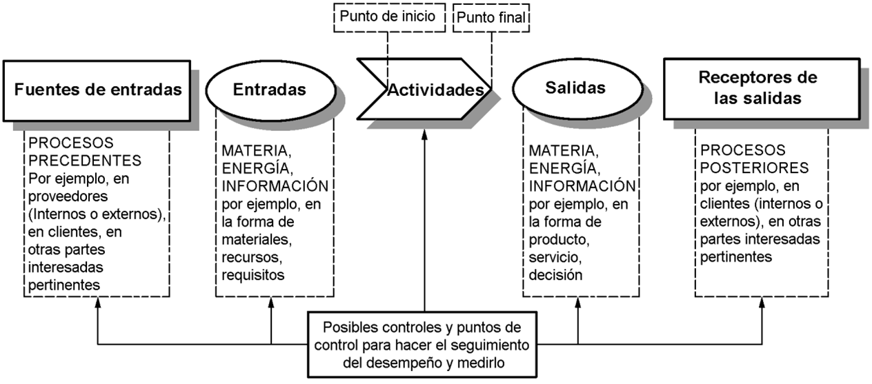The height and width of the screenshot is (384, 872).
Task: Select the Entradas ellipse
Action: coord(270,90)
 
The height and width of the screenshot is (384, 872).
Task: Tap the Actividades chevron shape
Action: coord(424,90)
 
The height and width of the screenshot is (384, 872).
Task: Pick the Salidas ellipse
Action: coord(575,88)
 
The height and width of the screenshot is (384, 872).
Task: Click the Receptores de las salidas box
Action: coord(759,88)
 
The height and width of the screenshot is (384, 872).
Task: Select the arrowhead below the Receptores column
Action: coord(762,303)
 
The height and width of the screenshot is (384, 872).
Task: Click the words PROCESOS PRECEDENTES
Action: coord(84,152)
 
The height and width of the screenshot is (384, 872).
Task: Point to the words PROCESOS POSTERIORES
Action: coord(755,159)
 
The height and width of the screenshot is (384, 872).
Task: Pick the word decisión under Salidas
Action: coord(556,275)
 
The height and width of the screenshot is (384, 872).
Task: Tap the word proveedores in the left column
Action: coord(62,196)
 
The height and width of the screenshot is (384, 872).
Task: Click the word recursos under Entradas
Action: coord(251,257)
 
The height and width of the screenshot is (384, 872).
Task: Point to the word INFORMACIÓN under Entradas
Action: coord(275,185)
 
